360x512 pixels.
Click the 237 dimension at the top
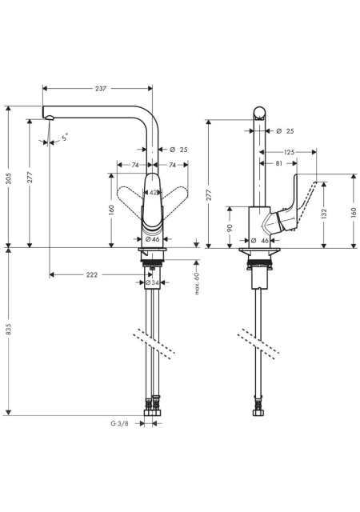[x=101, y=89]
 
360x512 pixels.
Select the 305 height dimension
[x=9, y=178]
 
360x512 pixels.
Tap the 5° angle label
[x=65, y=137]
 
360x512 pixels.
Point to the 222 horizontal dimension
[x=92, y=275]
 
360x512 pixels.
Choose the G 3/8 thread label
[x=119, y=423]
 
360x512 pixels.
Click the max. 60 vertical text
[x=197, y=282]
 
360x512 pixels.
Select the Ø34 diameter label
[x=152, y=282]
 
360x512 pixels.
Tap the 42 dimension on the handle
[x=154, y=193]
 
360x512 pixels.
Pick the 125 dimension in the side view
[x=290, y=152]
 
